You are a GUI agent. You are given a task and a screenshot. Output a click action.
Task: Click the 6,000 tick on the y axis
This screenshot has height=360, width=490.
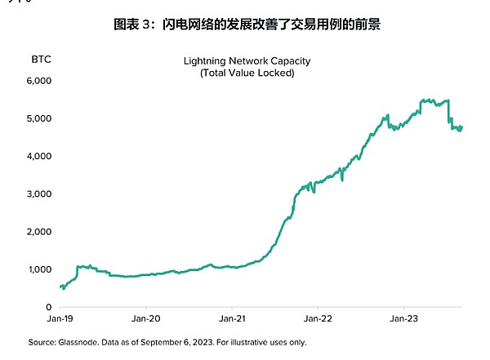40,81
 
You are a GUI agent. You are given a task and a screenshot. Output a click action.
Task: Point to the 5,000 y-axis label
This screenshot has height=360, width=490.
40,118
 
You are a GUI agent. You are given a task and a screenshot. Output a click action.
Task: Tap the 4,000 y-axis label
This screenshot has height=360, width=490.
40,156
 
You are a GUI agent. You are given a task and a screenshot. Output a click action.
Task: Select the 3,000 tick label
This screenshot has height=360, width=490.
40,194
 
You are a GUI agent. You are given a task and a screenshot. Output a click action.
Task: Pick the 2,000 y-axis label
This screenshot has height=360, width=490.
40,232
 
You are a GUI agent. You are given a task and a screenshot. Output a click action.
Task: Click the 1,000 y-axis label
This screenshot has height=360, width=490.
40,269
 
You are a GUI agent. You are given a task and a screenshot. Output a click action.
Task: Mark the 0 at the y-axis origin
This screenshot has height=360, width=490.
48,307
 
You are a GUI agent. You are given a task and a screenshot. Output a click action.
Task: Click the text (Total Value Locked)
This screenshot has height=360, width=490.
247,73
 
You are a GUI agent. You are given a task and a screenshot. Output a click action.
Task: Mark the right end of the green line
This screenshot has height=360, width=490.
462,127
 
